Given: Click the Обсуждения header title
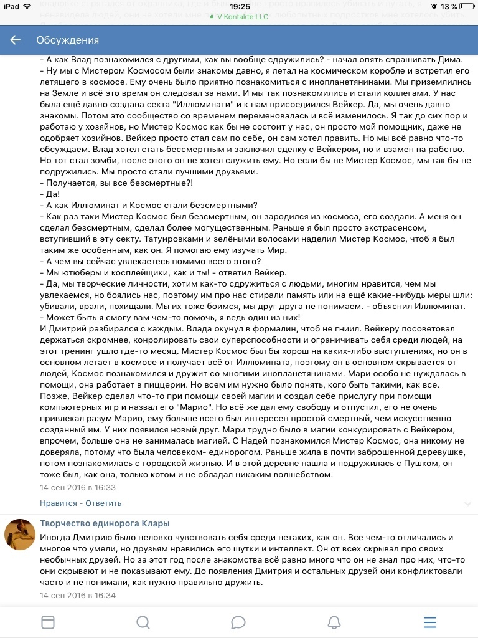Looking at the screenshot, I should [x=67, y=40].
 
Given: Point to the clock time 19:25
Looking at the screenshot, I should [x=239, y=6].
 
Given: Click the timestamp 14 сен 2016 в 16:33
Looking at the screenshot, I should [x=78, y=488].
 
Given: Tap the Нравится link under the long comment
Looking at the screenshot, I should [x=59, y=503].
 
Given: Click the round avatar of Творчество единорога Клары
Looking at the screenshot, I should [x=19, y=535].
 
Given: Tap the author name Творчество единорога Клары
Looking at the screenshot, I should [x=105, y=523].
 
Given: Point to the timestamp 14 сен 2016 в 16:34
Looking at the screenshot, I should [x=78, y=596].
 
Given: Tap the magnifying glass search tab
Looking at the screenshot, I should [x=143, y=623].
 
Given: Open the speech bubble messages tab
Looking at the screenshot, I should [x=238, y=623].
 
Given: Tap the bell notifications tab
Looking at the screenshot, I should [x=334, y=623].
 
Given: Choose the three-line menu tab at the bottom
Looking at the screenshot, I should [x=429, y=623].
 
